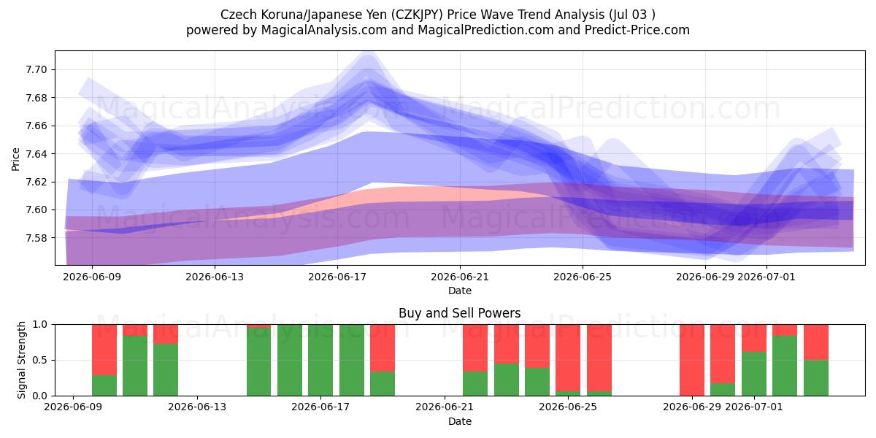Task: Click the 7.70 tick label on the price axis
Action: click(36, 70)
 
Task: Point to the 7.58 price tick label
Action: click(36, 238)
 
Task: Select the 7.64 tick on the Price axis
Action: click(36, 154)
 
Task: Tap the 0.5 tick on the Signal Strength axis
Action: click(39, 360)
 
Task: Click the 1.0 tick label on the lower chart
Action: click(39, 325)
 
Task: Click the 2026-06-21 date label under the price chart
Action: click(460, 277)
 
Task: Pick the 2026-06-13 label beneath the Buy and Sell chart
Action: click(197, 407)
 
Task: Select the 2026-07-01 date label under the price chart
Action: click(766, 277)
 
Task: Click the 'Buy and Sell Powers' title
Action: click(459, 313)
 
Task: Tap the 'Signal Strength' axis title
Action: click(21, 360)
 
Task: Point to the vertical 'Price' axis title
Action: click(15, 159)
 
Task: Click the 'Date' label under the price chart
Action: click(460, 291)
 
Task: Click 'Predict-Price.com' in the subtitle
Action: click(637, 30)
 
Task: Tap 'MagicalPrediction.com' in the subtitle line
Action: click(485, 30)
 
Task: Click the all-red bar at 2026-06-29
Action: click(692, 360)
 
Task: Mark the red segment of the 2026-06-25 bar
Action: click(568, 358)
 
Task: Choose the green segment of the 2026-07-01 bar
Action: click(754, 374)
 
